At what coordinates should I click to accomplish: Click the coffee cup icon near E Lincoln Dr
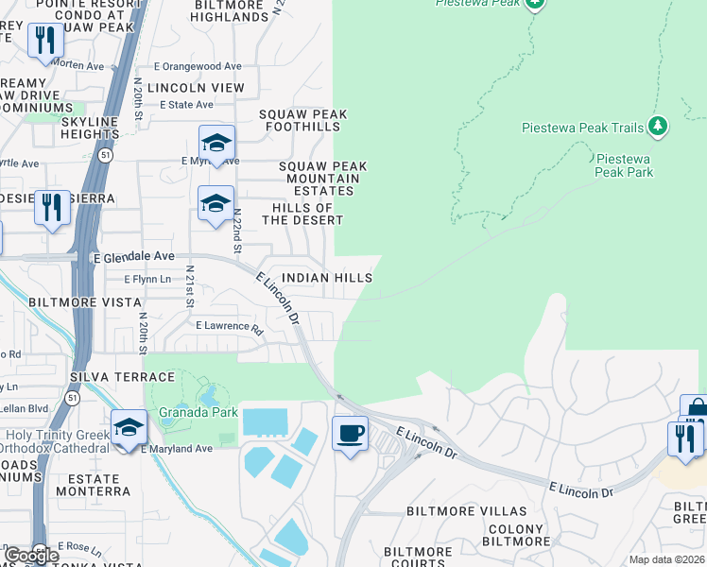(x=351, y=434)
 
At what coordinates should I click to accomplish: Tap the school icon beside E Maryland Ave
(x=129, y=428)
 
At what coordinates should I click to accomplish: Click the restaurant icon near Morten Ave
(x=45, y=41)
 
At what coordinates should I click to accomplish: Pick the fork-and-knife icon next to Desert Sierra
(x=52, y=208)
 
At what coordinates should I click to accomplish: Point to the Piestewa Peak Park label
(x=623, y=164)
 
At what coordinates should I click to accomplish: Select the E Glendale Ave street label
(x=133, y=256)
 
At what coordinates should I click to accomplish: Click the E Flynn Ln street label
(x=147, y=279)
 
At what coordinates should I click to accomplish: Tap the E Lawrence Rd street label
(x=229, y=326)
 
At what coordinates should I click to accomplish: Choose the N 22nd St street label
(x=238, y=232)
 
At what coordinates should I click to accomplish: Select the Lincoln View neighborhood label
(x=201, y=87)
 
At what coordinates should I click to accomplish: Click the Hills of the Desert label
(x=302, y=214)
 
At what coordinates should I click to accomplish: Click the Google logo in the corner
(x=31, y=556)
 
